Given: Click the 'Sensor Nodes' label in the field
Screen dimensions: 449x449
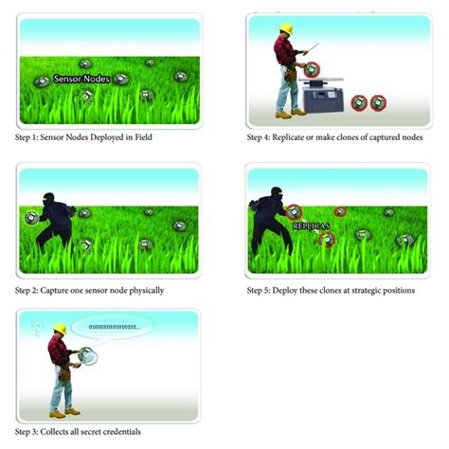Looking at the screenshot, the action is coord(81,79).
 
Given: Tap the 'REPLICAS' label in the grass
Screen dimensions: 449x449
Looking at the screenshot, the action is coord(312,226).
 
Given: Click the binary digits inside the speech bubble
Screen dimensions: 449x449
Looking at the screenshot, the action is coord(115,327).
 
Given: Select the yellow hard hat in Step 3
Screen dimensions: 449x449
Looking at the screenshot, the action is coord(60,329).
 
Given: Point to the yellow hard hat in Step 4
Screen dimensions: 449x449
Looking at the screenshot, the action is coord(286,28).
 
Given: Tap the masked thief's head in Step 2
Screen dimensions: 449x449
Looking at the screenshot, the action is coord(49,199).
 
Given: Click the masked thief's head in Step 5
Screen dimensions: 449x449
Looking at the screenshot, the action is coord(277,194).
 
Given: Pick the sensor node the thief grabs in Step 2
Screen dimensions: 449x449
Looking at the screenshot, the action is coord(31,218).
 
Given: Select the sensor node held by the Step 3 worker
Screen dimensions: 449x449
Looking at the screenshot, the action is coord(87,356).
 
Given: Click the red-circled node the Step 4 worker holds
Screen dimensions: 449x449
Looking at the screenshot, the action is coord(312,70).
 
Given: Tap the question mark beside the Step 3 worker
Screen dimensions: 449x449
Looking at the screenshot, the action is coord(37,329).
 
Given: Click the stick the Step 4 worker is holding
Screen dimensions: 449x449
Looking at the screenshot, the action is coord(312,48).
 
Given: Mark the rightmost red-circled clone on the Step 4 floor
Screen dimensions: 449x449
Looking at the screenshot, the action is coord(378,103).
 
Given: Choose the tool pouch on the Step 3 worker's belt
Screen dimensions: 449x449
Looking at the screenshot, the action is coord(64,374).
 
